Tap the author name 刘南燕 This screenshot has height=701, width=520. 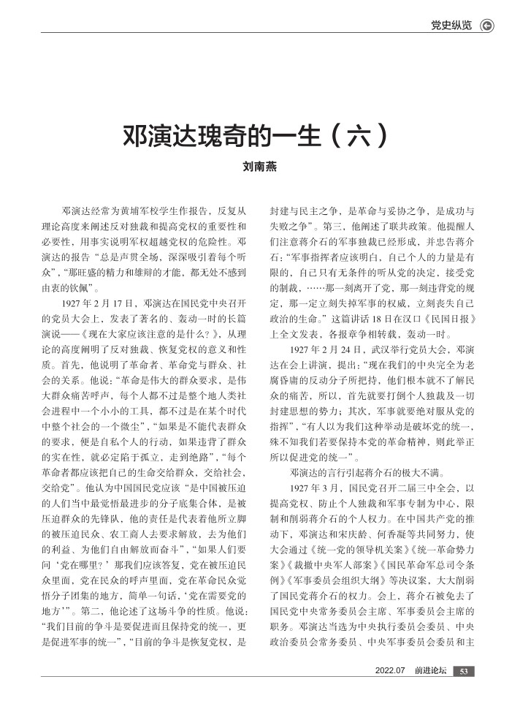coord(259,167)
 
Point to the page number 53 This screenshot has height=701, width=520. coord(464,672)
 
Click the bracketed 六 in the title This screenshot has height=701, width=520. coord(357,136)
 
